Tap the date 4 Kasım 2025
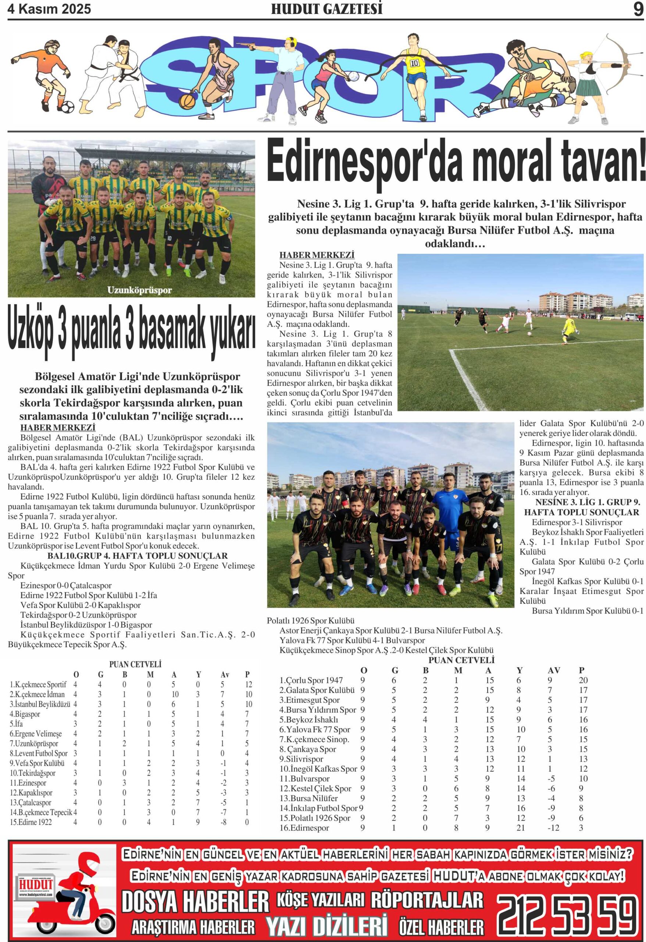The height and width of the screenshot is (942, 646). point(49,9)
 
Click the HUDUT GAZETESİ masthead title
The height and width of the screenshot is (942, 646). point(326,9)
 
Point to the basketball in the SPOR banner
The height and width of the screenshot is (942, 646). point(187,101)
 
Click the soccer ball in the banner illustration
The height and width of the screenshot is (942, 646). point(66,107)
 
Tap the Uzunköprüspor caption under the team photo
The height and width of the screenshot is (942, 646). point(139,290)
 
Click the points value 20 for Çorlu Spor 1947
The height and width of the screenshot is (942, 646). point(583,680)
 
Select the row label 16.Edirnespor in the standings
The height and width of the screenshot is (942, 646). point(304,828)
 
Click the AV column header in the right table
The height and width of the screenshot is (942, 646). point(553,670)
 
